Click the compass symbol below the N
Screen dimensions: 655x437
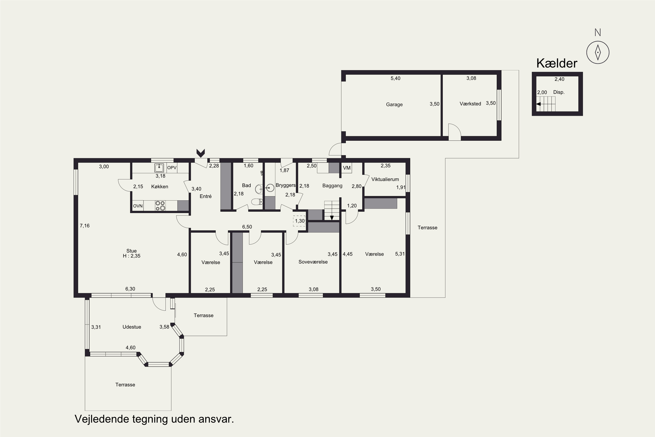(x=598, y=52)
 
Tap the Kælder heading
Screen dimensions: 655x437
(x=557, y=63)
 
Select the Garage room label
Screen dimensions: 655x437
(x=394, y=104)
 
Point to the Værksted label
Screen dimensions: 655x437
(x=470, y=104)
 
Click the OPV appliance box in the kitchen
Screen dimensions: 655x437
(x=172, y=168)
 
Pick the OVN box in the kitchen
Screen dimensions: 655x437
(x=138, y=206)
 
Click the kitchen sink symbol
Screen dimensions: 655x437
(x=159, y=168)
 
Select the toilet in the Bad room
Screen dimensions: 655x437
(x=257, y=201)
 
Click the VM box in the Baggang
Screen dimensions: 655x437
(x=347, y=168)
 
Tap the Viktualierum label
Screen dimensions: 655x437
(x=385, y=179)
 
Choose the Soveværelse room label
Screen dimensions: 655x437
(x=313, y=262)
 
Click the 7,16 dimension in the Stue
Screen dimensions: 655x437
(x=85, y=226)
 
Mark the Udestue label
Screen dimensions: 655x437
(x=132, y=327)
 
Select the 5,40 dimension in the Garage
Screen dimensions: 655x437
(x=395, y=78)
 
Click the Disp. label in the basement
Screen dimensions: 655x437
(x=559, y=92)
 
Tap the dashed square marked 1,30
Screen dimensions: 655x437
(x=299, y=221)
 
